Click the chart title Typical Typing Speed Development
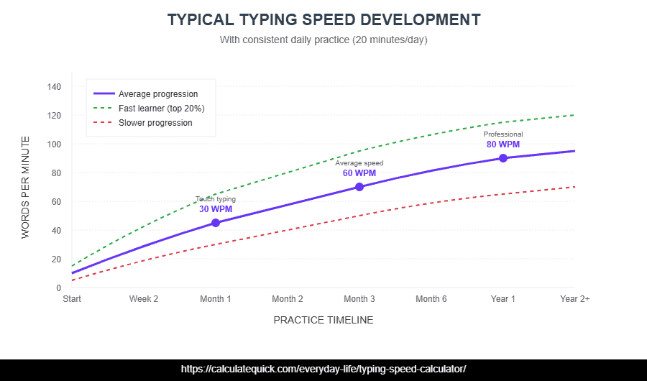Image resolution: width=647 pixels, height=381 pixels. pyautogui.click(x=323, y=19)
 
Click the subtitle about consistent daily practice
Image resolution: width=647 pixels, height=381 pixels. pyautogui.click(x=323, y=40)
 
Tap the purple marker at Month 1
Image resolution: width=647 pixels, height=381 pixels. pyautogui.click(x=216, y=223)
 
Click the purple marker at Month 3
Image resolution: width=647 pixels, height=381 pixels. pyautogui.click(x=359, y=187)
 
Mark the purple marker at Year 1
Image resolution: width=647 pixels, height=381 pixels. pyautogui.click(x=503, y=158)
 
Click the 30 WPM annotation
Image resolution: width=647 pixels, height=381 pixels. pyautogui.click(x=216, y=209)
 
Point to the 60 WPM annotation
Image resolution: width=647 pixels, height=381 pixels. pyautogui.click(x=359, y=173)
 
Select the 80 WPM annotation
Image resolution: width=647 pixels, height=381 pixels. pyautogui.click(x=503, y=144)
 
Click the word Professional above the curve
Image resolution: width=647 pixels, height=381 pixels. pyautogui.click(x=503, y=134)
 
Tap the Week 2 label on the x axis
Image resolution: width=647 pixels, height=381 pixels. pyautogui.click(x=144, y=299)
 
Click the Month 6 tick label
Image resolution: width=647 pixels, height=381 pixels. pyautogui.click(x=431, y=299)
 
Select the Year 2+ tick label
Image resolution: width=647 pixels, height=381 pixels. pyautogui.click(x=574, y=299)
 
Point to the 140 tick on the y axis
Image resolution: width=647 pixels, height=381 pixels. pyautogui.click(x=54, y=87)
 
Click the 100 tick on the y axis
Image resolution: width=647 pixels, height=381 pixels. pyautogui.click(x=54, y=144)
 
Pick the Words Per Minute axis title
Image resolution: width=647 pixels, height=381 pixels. pyautogui.click(x=26, y=187)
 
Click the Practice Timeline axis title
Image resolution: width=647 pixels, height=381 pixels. pyautogui.click(x=323, y=320)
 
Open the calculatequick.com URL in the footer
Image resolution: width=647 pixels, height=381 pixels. pyautogui.click(x=323, y=369)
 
